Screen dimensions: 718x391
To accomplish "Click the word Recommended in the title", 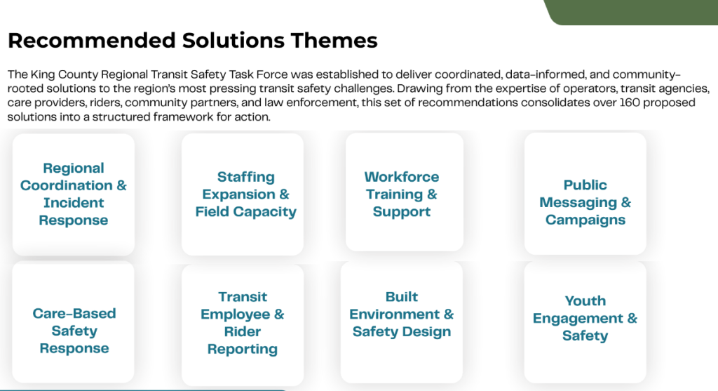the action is pos(92,40).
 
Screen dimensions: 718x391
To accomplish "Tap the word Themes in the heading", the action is pos(334,40).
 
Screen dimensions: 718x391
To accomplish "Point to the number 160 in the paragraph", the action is pos(630,102).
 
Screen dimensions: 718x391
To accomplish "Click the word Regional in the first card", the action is pos(73,168).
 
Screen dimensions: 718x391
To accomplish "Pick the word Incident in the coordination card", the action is pos(73,203).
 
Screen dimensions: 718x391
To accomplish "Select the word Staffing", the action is pos(246,177).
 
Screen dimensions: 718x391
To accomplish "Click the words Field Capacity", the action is pos(246,212).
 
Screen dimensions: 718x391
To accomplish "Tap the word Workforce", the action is pos(402,177).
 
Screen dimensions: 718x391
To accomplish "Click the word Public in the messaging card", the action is pos(585,185).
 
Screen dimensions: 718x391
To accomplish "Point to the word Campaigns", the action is pos(585,220).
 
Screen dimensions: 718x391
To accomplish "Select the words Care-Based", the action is pos(74,314).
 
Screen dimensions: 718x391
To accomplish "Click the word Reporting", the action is pos(242,350).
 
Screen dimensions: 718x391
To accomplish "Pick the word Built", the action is pos(402,297).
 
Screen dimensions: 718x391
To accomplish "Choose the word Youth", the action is pos(585,301).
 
